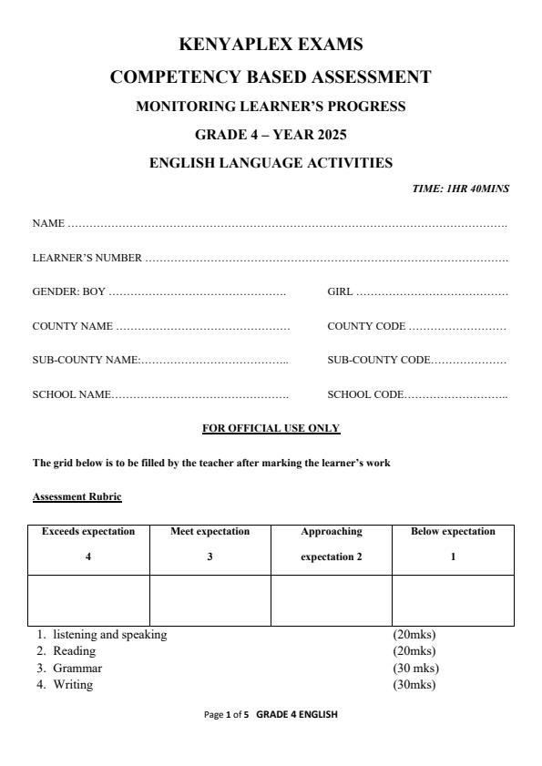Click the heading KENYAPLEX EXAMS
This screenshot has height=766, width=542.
coord(271,44)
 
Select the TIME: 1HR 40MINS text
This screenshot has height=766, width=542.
coord(461,189)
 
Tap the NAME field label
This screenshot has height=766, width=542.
coord(48,223)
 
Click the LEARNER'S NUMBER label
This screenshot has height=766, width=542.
coord(87,258)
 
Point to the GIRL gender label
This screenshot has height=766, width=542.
coord(340,292)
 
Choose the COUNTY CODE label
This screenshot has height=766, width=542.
coord(366,326)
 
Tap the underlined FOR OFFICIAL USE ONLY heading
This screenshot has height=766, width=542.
coord(271,428)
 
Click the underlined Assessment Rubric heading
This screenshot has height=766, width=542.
coord(77,496)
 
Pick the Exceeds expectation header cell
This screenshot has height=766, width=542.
coord(88,544)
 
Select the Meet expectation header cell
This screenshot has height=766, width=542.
coord(210,544)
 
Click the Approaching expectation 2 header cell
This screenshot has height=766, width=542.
coord(331,544)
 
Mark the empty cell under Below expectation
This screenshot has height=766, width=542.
coord(453,599)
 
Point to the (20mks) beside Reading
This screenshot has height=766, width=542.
coord(414,651)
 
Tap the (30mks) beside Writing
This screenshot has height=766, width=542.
coord(414,685)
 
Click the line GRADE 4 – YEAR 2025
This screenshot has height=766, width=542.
coord(271,135)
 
